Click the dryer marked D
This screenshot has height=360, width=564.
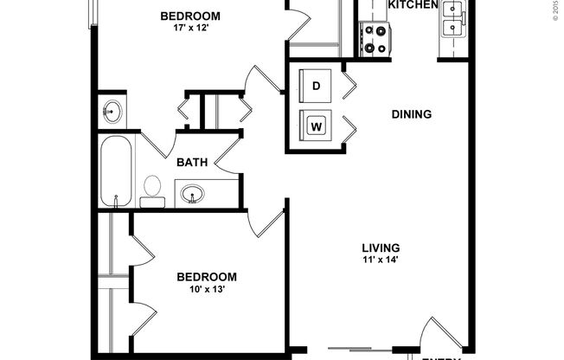316,85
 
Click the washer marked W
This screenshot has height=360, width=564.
316,126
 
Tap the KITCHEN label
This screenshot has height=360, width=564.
413,5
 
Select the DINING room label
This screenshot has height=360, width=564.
412,114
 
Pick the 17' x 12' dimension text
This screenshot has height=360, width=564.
190,29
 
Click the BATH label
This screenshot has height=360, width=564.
190,162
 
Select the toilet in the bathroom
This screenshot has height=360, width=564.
153,190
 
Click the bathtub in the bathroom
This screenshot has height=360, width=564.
116,171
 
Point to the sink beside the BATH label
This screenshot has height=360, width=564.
193,193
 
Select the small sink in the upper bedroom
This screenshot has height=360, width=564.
113,111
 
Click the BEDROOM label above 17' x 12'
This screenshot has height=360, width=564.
190,16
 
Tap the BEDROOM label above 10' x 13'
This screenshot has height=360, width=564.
206,277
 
